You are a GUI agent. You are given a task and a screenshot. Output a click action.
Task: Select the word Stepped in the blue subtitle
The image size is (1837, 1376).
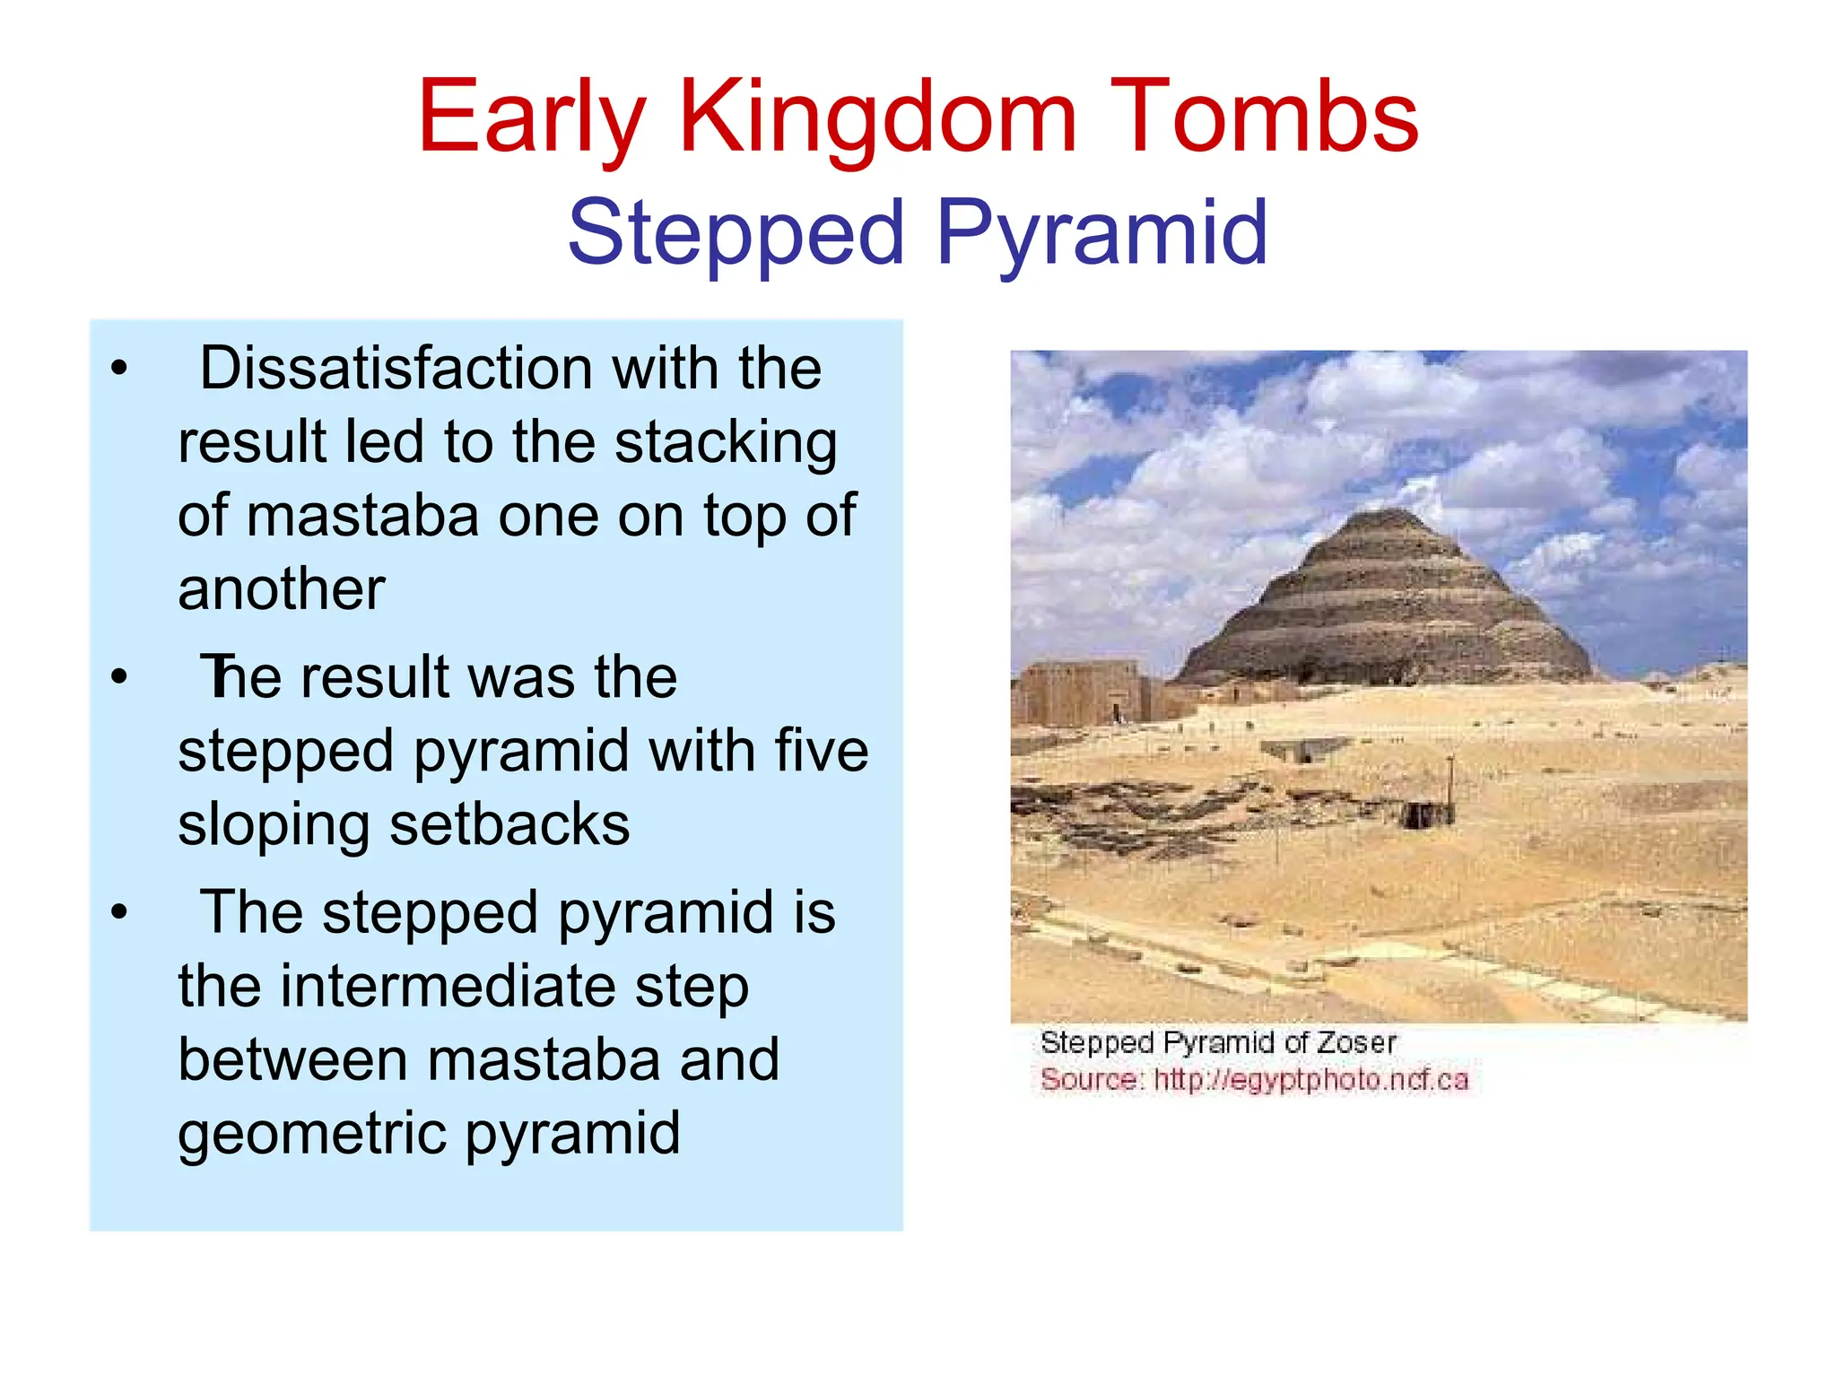coord(736,233)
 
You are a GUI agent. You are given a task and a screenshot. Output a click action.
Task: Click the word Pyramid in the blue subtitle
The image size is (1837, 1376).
coord(1101,233)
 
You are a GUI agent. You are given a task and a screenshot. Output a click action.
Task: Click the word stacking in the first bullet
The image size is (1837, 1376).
coord(726,443)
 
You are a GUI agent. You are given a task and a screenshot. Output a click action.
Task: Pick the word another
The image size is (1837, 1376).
coord(281,589)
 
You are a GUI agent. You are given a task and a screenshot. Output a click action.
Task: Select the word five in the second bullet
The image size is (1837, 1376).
coord(822,751)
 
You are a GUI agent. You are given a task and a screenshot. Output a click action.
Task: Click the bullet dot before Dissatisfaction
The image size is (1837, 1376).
coord(119,369)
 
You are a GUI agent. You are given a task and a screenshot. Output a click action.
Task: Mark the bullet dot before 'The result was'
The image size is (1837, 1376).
coord(119,677)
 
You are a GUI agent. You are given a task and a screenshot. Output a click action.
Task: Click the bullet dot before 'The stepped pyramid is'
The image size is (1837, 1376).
coord(119,912)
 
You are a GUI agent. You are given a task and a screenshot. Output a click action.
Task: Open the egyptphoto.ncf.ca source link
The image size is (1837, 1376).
coord(1310,1079)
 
